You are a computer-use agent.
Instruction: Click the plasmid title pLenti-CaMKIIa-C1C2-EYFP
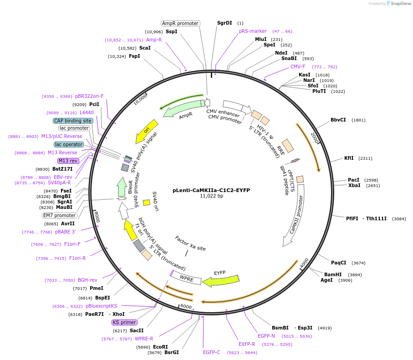[x=211, y=190]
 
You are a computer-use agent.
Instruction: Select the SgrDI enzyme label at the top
[x=224, y=23]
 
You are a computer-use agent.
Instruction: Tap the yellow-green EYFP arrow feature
[x=221, y=280]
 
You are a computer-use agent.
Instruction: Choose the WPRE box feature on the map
[x=186, y=278]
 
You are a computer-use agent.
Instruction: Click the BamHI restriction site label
[x=333, y=274]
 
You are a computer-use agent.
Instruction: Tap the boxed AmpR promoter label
[x=180, y=23]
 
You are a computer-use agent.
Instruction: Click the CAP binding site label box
[x=73, y=121]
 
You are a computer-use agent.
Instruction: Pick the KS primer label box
[x=124, y=322]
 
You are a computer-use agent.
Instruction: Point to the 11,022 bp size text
[x=211, y=196]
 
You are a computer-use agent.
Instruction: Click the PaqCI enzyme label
[x=339, y=262]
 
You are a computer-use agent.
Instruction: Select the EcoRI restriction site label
[x=160, y=347]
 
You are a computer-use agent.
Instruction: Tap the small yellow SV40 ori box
[x=147, y=202]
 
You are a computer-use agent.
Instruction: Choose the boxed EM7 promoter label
[x=60, y=215]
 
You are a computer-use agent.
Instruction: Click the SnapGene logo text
[x=400, y=4]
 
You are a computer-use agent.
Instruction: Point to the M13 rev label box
[x=68, y=161]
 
